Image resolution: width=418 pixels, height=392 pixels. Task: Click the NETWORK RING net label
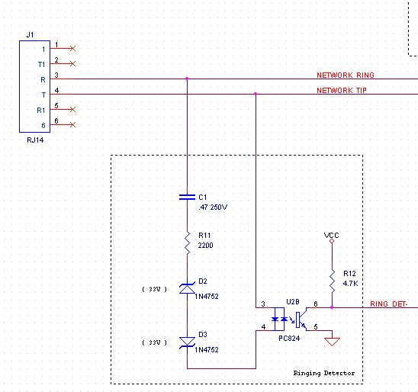(x=345, y=76)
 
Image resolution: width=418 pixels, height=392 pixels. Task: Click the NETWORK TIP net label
(x=342, y=91)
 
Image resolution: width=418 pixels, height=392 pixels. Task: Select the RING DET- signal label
(x=389, y=304)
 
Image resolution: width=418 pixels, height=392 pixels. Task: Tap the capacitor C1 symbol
(x=187, y=197)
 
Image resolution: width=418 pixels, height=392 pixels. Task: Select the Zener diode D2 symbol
(x=187, y=288)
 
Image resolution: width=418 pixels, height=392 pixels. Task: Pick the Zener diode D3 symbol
(x=187, y=342)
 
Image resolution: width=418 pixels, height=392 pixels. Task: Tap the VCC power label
(x=331, y=235)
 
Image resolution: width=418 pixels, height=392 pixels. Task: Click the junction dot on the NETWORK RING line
(x=187, y=79)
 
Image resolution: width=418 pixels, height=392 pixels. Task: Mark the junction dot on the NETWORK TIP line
(x=256, y=94)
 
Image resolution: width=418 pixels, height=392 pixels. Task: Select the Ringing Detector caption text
(x=324, y=373)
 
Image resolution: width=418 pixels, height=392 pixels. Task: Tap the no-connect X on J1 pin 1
(x=72, y=48)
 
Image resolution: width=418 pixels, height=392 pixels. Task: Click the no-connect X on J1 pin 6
(x=72, y=124)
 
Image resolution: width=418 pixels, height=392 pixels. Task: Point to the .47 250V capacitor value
(x=213, y=207)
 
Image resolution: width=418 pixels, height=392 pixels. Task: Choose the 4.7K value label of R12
(x=350, y=283)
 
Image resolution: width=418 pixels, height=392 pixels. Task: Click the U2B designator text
(x=294, y=301)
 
